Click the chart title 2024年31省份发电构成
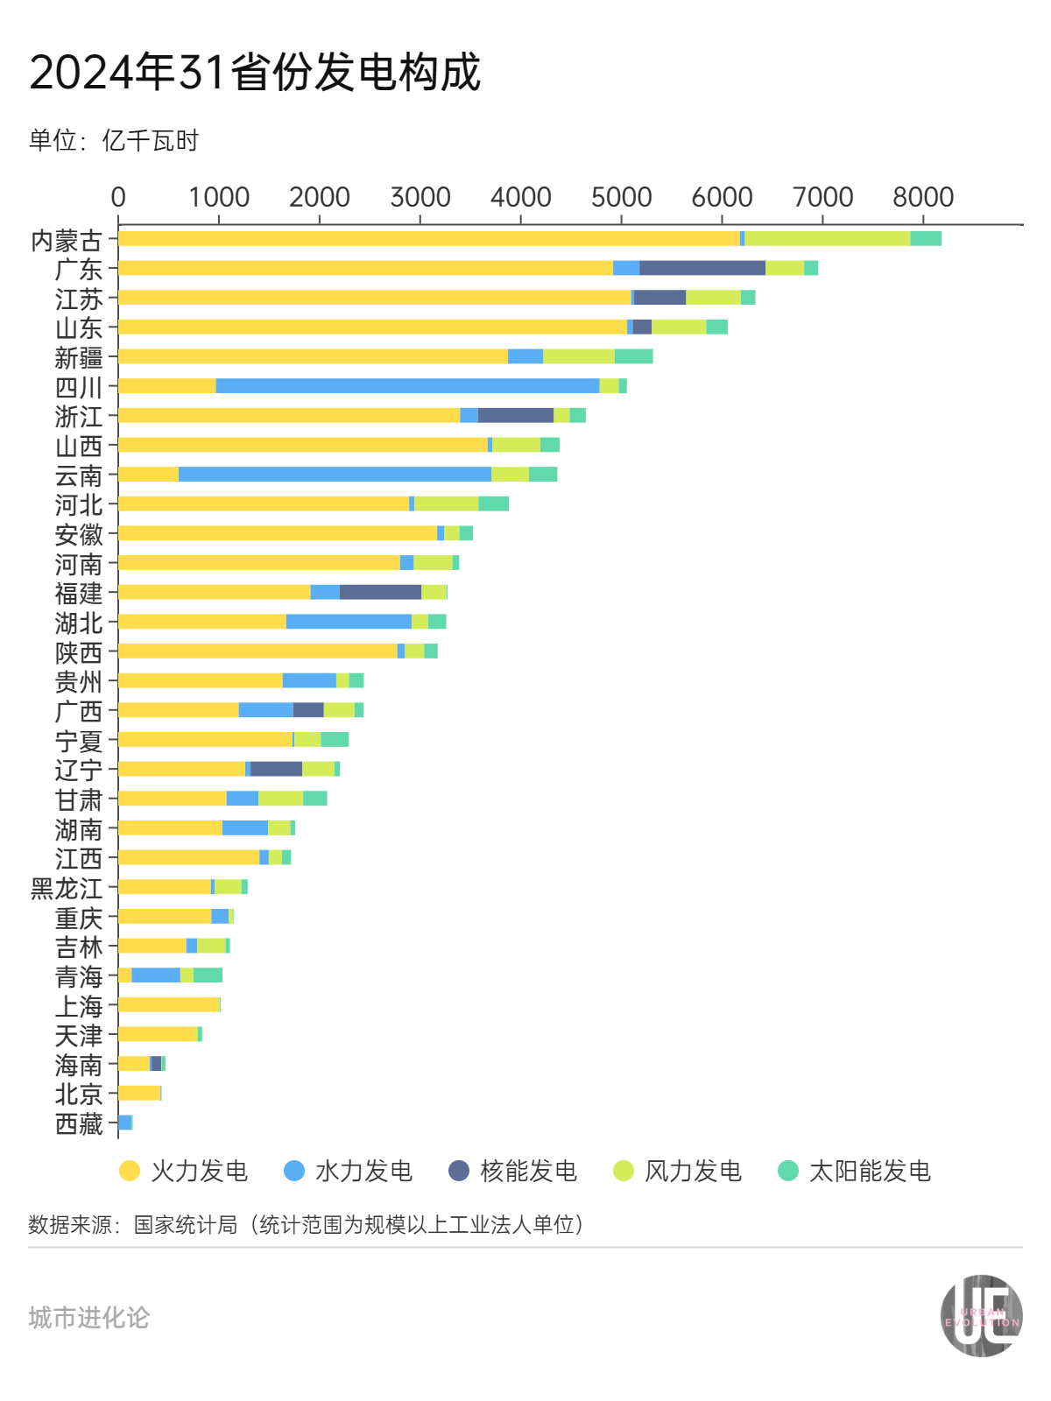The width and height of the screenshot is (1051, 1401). click(255, 72)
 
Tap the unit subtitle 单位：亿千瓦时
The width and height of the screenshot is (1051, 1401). click(114, 140)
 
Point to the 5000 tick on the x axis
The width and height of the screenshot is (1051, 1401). click(621, 198)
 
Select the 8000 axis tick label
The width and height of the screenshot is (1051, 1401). click(922, 198)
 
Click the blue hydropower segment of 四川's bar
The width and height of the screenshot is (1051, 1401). click(407, 386)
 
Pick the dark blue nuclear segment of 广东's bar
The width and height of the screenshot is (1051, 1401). click(702, 268)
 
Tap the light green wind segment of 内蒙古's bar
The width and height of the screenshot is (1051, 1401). click(827, 238)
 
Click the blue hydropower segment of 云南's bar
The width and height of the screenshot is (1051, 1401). click(335, 475)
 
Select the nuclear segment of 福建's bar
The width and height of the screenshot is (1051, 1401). click(380, 592)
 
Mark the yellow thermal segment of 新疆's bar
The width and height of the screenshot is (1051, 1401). click(313, 356)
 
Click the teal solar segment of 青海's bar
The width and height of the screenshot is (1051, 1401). click(208, 975)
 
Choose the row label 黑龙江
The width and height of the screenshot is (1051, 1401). click(67, 889)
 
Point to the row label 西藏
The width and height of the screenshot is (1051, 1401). click(79, 1124)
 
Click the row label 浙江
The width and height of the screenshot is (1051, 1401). click(79, 416)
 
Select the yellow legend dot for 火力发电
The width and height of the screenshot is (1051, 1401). click(130, 1171)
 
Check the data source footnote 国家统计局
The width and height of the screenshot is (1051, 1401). click(185, 1224)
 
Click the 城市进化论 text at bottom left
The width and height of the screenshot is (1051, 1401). click(88, 1317)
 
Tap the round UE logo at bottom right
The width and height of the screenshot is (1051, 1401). click(981, 1316)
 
